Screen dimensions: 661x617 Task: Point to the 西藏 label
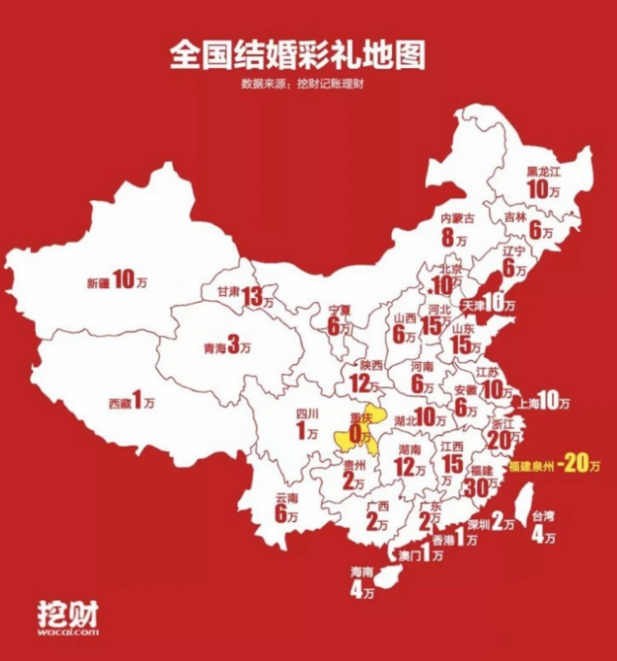[x=119, y=403]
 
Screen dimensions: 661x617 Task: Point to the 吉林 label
[x=515, y=216]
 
